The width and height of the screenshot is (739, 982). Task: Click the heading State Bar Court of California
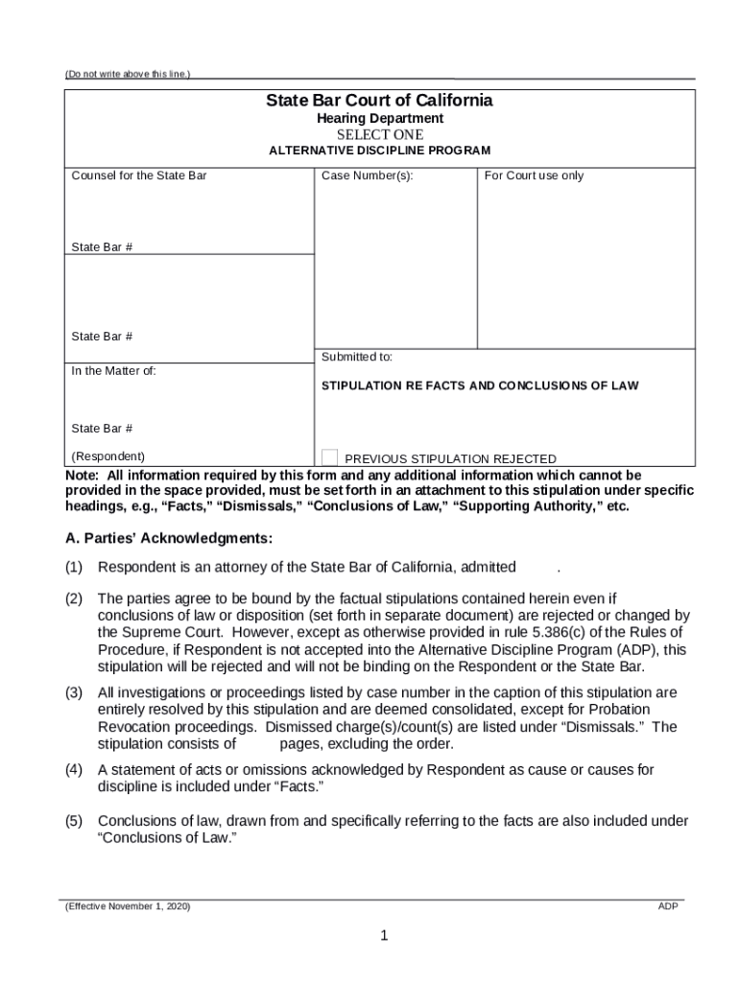379,101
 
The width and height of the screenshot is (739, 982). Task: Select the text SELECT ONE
379,134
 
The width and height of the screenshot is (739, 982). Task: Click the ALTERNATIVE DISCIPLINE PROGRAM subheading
379,151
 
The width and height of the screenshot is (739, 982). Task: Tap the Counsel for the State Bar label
138,175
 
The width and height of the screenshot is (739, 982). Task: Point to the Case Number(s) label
367,175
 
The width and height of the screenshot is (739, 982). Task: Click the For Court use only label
534,175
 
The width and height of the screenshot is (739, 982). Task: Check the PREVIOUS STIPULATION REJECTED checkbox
329,457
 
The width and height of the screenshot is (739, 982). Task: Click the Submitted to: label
356,357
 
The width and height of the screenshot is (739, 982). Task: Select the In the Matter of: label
113,371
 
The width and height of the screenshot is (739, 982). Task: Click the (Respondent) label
108,456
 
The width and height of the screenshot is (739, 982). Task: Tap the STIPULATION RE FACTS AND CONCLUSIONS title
479,386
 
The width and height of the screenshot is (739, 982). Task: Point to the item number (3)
74,692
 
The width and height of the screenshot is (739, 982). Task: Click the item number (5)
74,821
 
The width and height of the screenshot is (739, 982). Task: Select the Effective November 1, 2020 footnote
127,906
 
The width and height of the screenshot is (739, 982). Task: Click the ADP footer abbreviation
668,906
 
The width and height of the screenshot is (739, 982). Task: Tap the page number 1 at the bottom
382,937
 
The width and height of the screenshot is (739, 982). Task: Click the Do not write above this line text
127,74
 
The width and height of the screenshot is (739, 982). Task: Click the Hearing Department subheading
379,118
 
